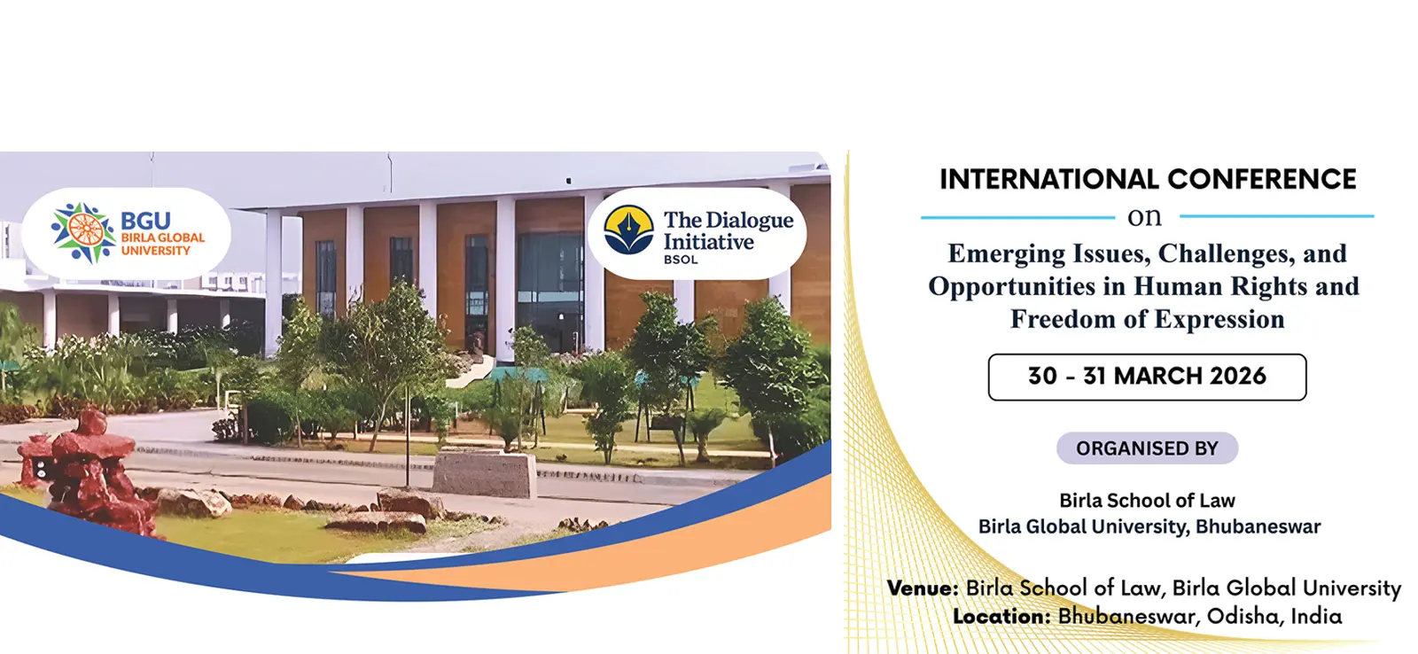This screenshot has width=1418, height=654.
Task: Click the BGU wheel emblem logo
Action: click(x=83, y=232)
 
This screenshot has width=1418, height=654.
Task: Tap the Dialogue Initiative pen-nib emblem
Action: click(x=628, y=230)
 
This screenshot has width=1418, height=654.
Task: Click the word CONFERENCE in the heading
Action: click(x=1262, y=179)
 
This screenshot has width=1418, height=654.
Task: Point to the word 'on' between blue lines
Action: click(x=1144, y=217)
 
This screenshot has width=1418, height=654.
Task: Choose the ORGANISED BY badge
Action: click(x=1147, y=448)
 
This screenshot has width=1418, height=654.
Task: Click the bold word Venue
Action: click(x=923, y=588)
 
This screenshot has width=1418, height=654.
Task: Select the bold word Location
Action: click(x=1001, y=617)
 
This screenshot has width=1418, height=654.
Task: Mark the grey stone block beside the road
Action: click(x=484, y=473)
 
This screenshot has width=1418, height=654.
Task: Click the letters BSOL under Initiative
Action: click(x=681, y=260)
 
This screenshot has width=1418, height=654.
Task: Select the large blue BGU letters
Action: click(x=145, y=221)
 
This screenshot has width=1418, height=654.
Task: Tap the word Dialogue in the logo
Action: click(x=750, y=221)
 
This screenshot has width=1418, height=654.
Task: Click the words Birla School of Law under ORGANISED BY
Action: click(x=1147, y=501)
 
